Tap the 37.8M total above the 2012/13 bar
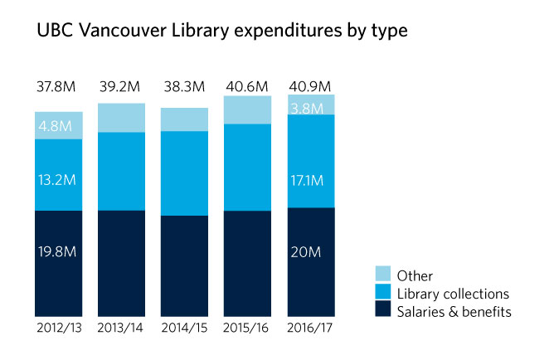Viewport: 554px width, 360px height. [58, 86]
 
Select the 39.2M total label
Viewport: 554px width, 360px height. [121, 86]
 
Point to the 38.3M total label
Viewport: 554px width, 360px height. [184, 86]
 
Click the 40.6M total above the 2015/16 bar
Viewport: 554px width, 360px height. [248, 86]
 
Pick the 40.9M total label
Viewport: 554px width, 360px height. [310, 86]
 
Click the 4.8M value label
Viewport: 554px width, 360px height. [58, 127]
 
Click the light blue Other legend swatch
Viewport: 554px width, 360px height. [382, 275]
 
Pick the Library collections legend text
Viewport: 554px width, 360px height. [453, 293]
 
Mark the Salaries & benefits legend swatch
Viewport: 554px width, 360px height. [382, 310]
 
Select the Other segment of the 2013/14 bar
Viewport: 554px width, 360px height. [122, 118]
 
